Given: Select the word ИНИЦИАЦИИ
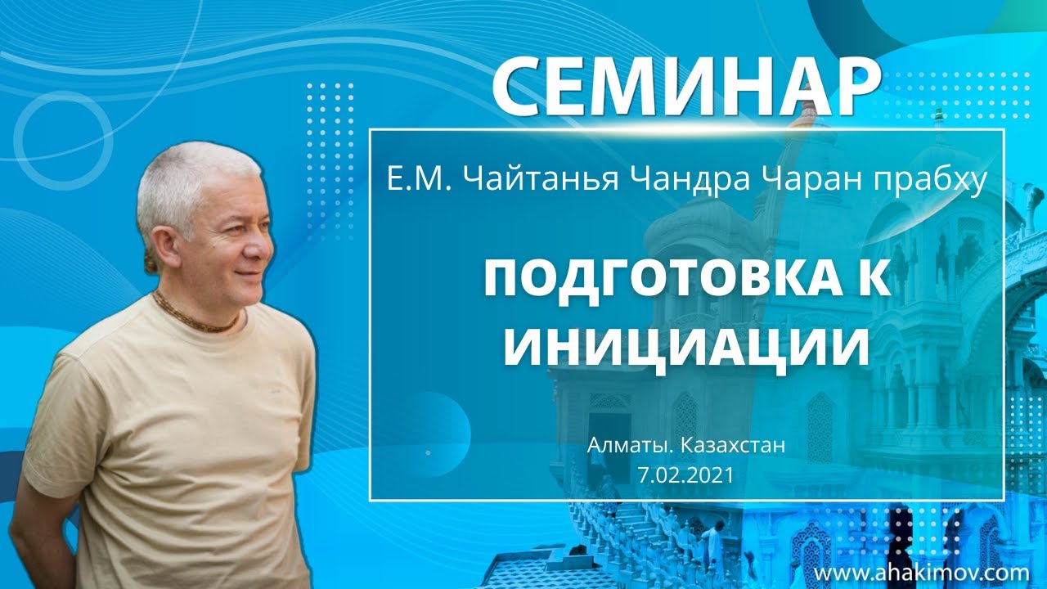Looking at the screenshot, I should (x=686, y=346).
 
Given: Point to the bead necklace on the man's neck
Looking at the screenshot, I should (x=200, y=316).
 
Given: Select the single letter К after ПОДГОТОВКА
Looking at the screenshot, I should (x=871, y=281).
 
